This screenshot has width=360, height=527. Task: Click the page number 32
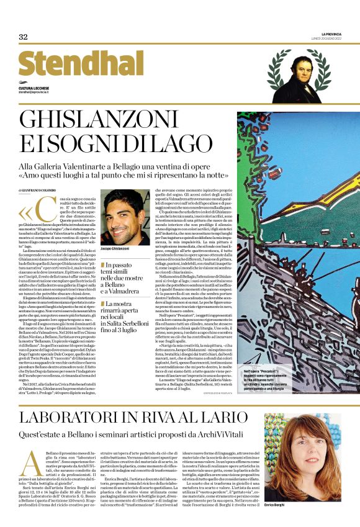tap(23, 37)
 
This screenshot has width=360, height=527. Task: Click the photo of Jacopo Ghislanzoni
tap(127, 216)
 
